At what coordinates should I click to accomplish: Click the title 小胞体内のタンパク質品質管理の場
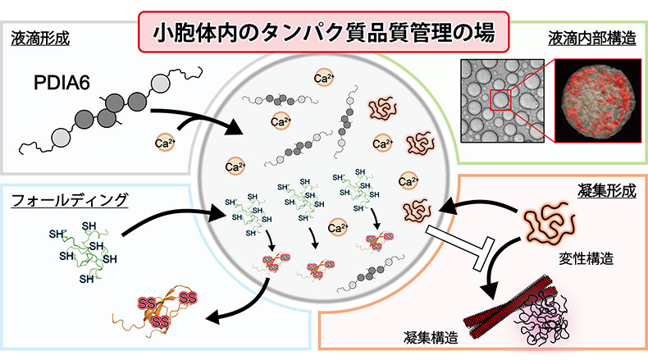point(324,34)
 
